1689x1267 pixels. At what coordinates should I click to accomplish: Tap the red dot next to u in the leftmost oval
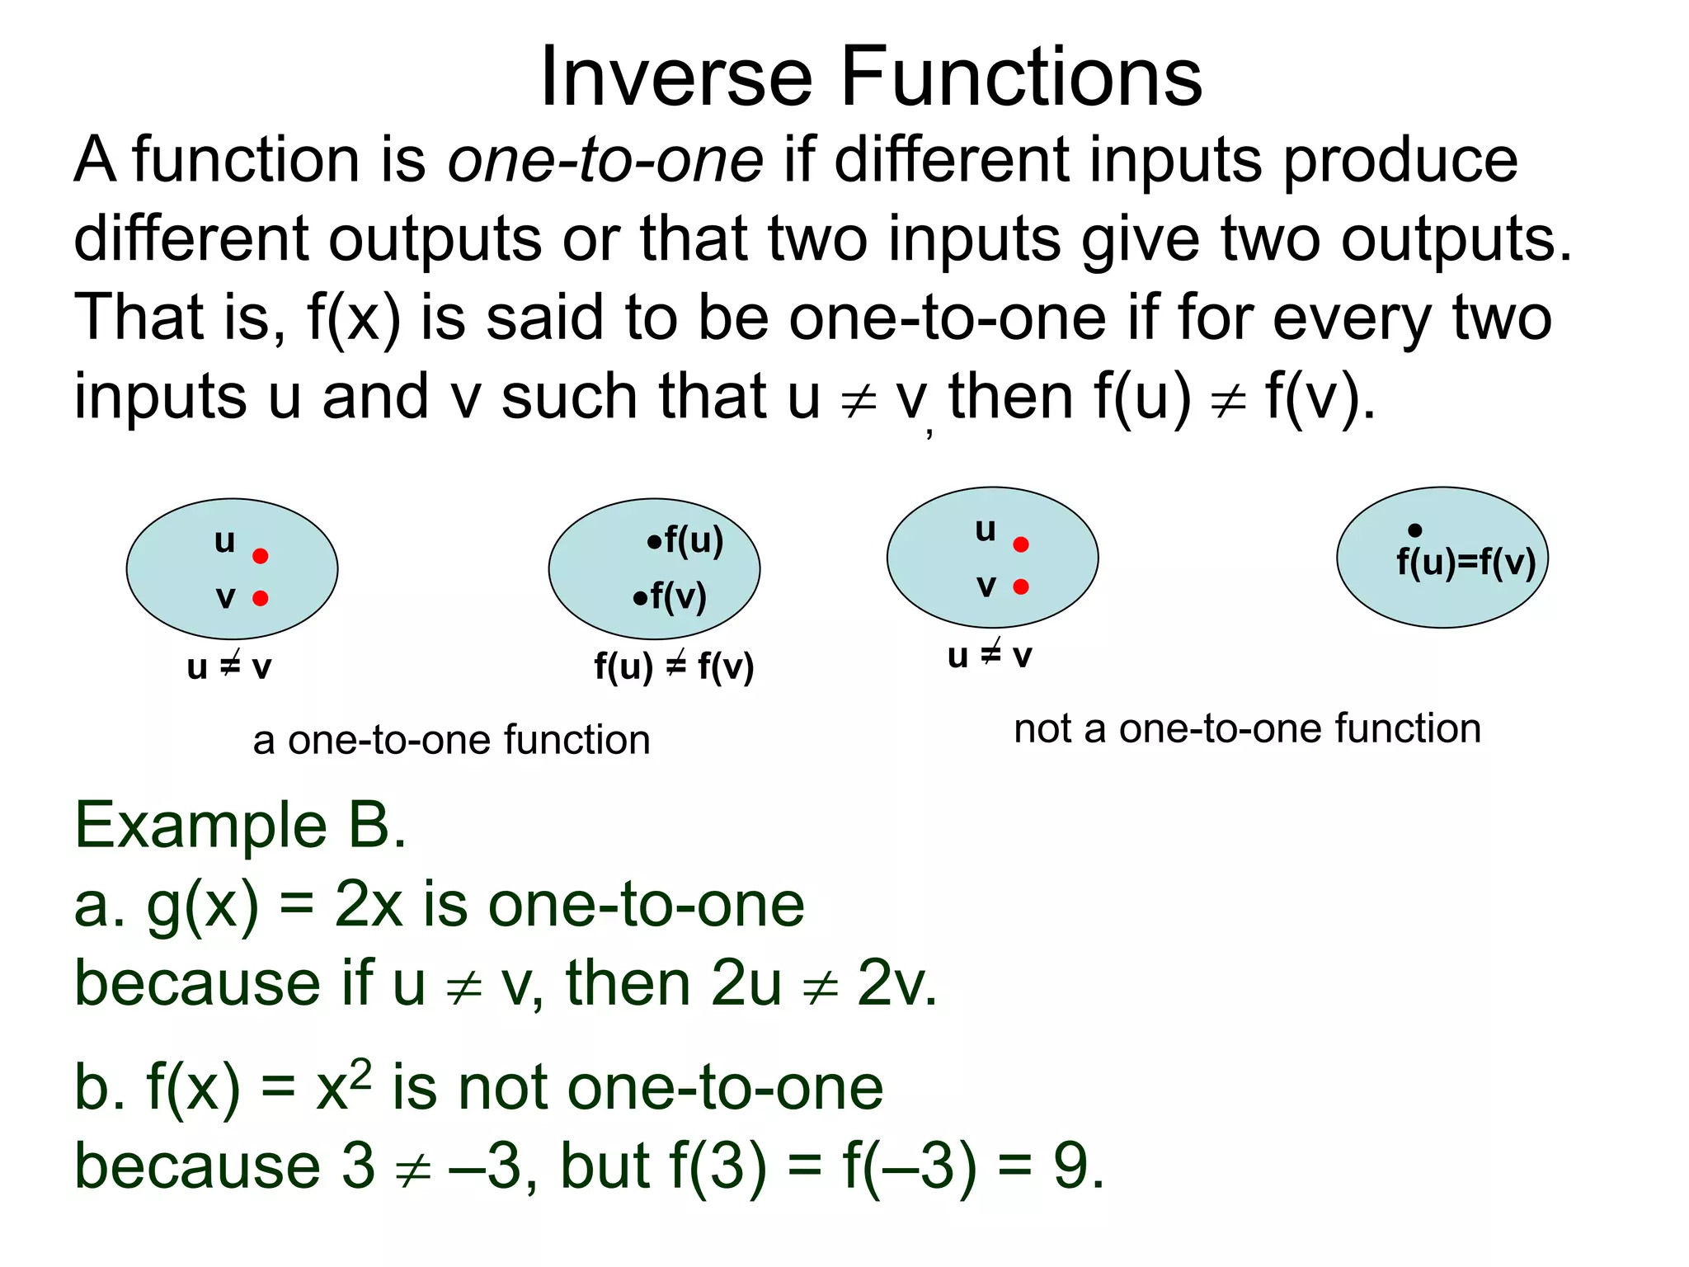coord(261,556)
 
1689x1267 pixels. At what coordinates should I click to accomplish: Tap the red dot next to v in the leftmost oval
coord(261,598)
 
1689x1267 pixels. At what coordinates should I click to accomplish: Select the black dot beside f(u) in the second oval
coord(654,542)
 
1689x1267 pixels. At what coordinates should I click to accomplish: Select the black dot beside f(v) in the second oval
coord(640,598)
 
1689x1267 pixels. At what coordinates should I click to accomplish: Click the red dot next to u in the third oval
coord(1021,544)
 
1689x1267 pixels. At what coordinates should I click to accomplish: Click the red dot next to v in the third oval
coord(1021,586)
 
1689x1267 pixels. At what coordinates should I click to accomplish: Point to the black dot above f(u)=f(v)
coord(1415,530)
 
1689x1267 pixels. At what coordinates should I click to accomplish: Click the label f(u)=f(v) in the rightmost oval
coord(1466,563)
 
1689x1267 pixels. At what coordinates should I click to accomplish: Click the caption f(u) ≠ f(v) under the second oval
coord(674,666)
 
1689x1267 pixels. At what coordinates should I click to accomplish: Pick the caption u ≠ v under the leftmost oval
coord(229,666)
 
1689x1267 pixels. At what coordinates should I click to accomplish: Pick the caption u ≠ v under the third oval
coord(990,656)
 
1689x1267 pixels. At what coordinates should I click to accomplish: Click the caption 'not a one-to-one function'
coord(1247,729)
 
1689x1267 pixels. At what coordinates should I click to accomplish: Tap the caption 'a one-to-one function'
coord(451,740)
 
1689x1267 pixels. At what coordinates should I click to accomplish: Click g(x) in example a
coord(202,906)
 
